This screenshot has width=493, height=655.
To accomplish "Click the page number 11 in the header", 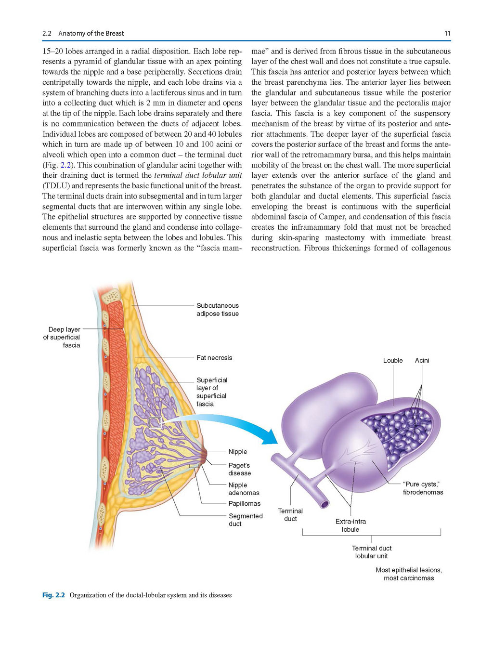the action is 447,33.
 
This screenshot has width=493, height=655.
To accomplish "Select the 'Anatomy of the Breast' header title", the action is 91,33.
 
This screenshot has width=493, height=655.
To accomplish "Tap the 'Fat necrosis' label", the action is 214,357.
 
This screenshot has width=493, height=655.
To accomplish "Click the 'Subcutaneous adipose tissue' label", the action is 218,310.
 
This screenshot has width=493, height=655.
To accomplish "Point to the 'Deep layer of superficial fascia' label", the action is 62,337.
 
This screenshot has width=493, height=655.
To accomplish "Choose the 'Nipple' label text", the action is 238,451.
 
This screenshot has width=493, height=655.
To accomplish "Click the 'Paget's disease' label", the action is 239,469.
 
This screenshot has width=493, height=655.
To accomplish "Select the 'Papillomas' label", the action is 244,503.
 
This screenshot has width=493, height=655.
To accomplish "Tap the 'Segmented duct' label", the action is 246,520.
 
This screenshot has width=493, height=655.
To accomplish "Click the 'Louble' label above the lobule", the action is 393,360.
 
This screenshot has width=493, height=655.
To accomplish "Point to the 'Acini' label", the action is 422,360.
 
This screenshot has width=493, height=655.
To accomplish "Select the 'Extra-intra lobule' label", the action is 350,525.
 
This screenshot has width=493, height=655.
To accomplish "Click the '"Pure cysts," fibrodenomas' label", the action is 423,488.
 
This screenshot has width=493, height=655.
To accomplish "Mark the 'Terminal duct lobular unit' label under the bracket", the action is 372,552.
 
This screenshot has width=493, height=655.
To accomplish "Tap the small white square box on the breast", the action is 155,422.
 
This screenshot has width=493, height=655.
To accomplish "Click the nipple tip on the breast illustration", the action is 205,456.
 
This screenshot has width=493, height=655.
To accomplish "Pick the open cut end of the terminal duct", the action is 324,504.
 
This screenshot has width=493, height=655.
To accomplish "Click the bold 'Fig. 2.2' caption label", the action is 53,595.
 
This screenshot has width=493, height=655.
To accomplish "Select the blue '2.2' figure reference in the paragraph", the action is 65,165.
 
